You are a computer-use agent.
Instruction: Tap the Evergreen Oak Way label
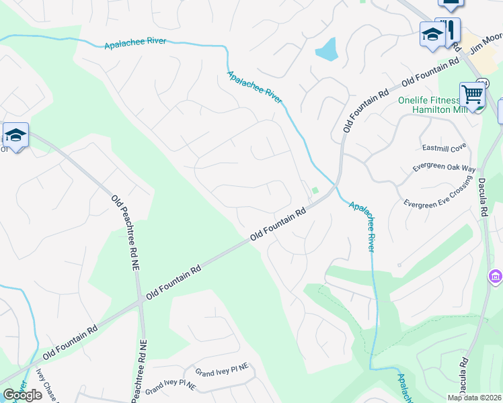(x=444, y=168)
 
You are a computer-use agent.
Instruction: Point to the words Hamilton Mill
(x=436, y=110)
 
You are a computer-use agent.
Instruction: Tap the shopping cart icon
(x=472, y=95)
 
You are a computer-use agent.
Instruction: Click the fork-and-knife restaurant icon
(x=449, y=28)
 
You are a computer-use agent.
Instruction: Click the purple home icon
(x=496, y=276)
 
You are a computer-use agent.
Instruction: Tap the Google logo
(x=22, y=395)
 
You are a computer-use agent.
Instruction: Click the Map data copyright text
(x=473, y=398)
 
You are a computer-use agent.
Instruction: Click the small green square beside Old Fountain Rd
(x=314, y=190)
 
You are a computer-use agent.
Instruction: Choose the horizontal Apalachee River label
(x=135, y=44)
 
